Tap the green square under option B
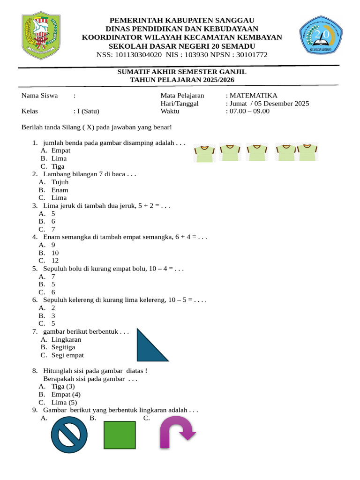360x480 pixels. [119, 435]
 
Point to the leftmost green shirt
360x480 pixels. [204, 153]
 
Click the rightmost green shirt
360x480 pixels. [308, 152]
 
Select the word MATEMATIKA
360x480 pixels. [254, 96]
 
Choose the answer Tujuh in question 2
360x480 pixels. [60, 182]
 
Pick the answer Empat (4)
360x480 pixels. [66, 394]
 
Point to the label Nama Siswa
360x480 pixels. [39, 96]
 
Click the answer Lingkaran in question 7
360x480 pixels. [66, 339]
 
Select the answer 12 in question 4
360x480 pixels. [55, 261]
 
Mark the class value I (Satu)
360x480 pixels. [88, 111]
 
